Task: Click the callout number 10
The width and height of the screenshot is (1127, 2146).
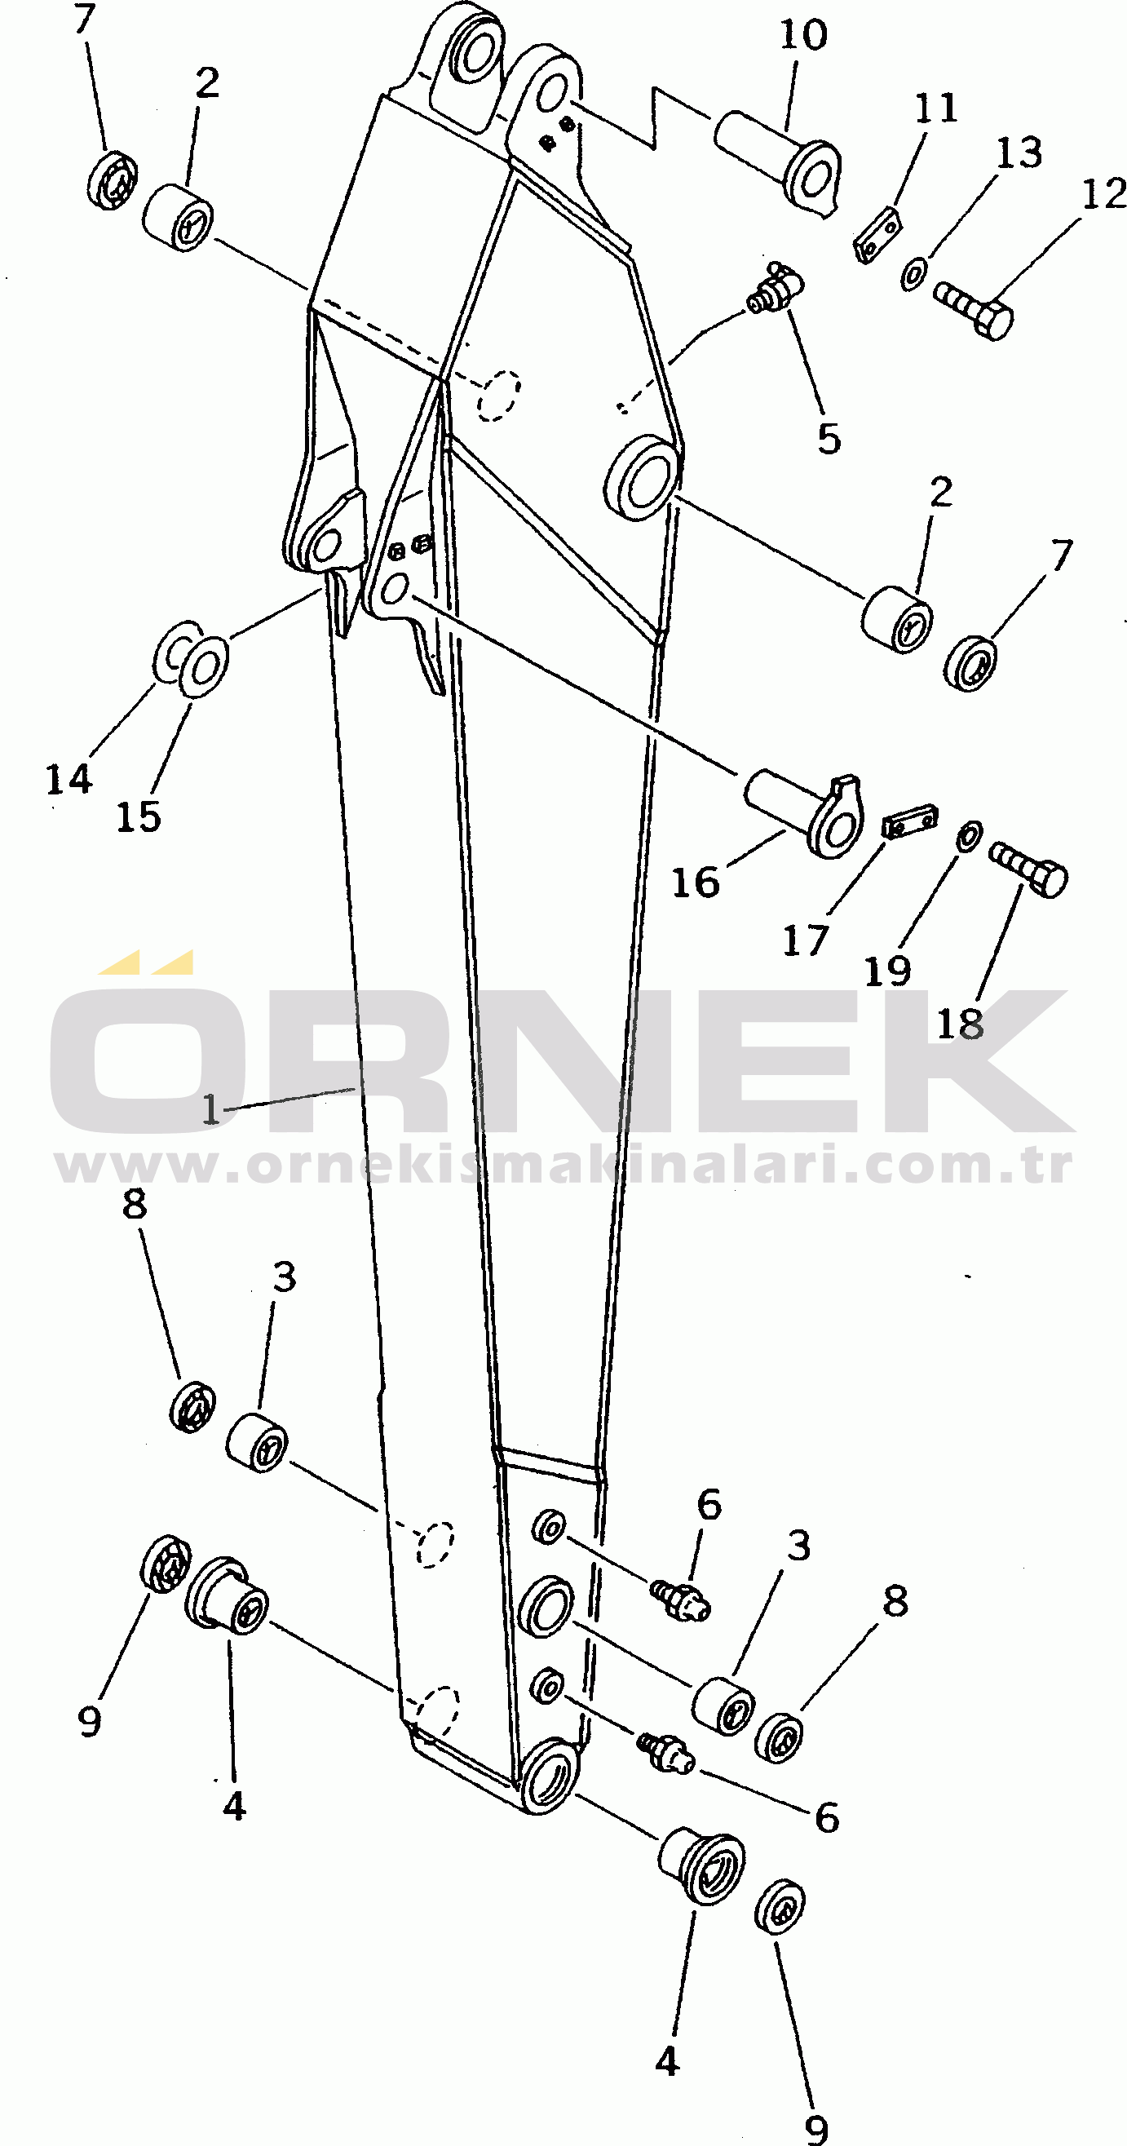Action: tap(803, 36)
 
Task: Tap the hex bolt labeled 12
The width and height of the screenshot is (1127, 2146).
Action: tap(973, 310)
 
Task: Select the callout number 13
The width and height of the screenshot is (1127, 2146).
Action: tap(1019, 153)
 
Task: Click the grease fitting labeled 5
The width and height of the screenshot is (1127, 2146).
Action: tap(775, 287)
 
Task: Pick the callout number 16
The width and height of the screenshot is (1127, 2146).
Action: tap(696, 883)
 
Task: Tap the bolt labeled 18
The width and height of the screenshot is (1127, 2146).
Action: tap(1028, 868)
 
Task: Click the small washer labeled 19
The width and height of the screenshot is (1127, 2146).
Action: tap(969, 835)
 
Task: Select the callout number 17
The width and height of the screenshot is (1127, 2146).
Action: tap(805, 941)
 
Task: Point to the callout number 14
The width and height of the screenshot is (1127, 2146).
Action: tap(69, 780)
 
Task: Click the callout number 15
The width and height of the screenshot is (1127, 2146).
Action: tap(139, 816)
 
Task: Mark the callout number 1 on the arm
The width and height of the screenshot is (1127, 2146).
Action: tap(211, 1108)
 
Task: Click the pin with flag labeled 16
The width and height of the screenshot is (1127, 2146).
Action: tap(803, 815)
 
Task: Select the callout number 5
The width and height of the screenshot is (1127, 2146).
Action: tap(829, 439)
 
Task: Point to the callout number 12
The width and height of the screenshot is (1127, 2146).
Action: tap(1104, 194)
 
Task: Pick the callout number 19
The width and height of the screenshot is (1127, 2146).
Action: tap(888, 971)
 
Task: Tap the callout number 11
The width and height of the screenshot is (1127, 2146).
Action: tap(936, 108)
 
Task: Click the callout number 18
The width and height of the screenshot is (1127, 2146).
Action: tap(961, 1024)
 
